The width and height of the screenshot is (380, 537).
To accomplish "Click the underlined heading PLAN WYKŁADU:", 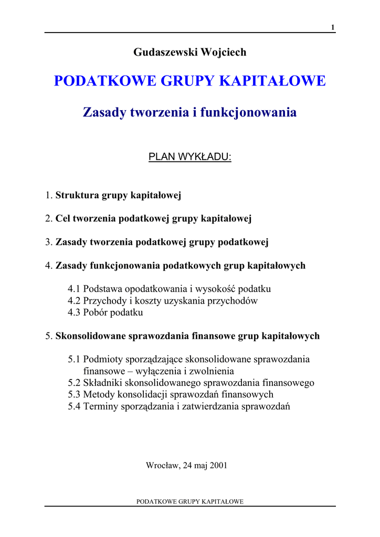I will [190, 157].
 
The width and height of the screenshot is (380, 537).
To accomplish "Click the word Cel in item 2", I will [63, 219].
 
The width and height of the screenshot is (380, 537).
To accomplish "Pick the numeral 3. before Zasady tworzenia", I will [49, 242].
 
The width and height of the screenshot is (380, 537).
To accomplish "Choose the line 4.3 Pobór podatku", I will [105, 313].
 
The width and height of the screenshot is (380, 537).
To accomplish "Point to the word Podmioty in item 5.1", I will [102, 359].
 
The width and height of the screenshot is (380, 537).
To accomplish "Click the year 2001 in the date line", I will [218, 465].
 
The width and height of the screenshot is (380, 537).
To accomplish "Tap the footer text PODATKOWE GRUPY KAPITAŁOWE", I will [190, 502].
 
